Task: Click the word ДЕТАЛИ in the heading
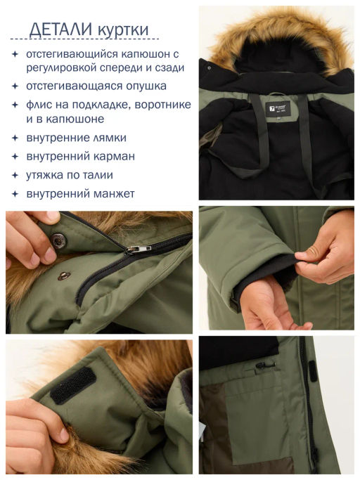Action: [60, 30]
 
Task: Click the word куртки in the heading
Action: [124, 30]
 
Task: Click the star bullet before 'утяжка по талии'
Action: [15, 176]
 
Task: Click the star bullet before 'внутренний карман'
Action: [15, 157]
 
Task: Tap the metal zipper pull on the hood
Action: [138, 249]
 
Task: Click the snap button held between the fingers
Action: [58, 240]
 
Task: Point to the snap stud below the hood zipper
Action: [64, 275]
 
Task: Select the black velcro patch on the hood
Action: [73, 385]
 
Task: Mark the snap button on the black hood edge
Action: [210, 68]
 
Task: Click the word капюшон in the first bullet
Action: [146, 55]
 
